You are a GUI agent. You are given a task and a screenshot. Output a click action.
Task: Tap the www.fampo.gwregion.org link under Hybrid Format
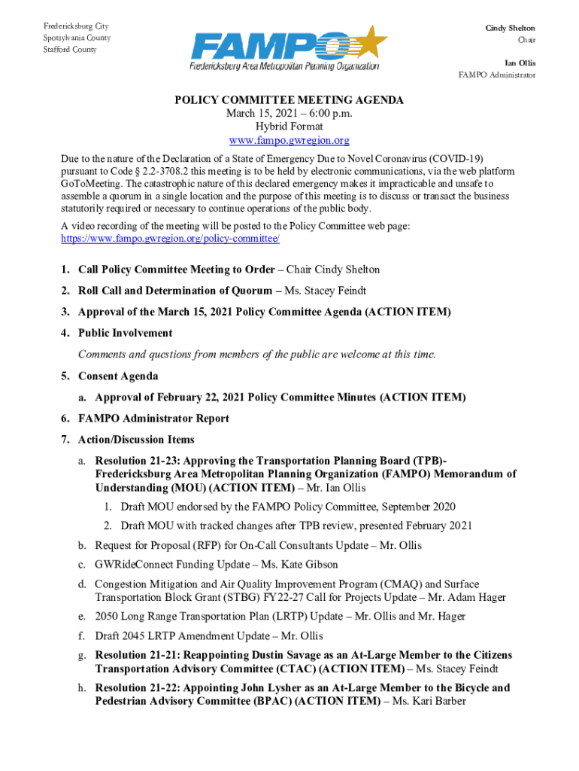click(x=289, y=141)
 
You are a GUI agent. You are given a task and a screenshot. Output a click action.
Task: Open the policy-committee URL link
click(x=170, y=238)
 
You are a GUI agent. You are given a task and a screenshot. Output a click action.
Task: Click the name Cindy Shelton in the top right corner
click(x=510, y=28)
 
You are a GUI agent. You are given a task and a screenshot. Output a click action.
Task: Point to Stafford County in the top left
click(x=70, y=50)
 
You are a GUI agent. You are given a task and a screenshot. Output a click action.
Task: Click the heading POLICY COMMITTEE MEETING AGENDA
click(x=289, y=100)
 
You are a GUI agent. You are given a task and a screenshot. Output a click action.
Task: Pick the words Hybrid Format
click(x=289, y=127)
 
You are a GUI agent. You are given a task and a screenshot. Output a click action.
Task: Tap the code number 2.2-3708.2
click(x=164, y=171)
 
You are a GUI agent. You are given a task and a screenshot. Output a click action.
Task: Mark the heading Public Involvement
click(x=125, y=333)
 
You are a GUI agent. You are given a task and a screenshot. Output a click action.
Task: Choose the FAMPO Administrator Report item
click(x=153, y=418)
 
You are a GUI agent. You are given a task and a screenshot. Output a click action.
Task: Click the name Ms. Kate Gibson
click(x=306, y=564)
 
